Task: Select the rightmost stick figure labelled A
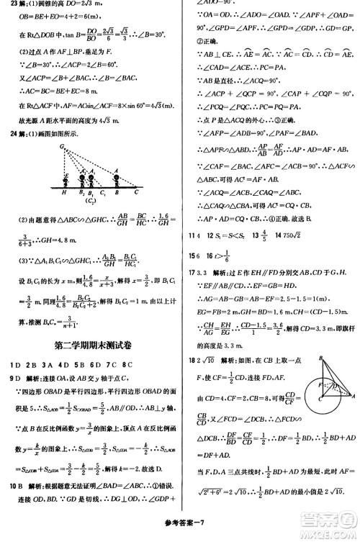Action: [x=117, y=173]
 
